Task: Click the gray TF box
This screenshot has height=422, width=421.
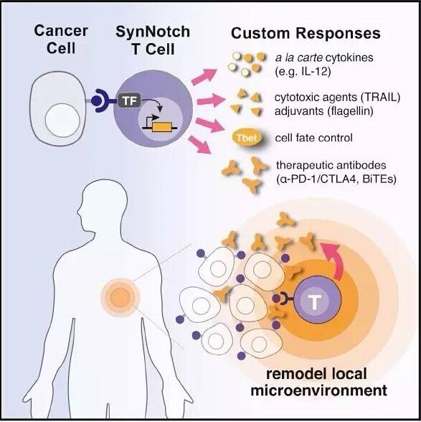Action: (129, 101)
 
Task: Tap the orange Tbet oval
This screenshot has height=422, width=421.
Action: (247, 138)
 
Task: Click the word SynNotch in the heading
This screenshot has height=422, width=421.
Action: (153, 32)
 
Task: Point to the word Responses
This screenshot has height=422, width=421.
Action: (338, 34)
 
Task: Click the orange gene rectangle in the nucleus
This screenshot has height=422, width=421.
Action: (162, 127)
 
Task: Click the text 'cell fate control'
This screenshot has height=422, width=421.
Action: (313, 138)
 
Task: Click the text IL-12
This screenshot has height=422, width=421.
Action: (316, 72)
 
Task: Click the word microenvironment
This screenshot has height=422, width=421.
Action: (318, 390)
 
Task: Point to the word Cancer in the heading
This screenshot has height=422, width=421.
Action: (61, 30)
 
